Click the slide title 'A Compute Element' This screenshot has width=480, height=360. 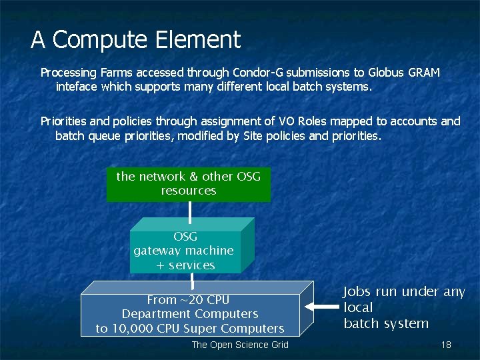coord(135,40)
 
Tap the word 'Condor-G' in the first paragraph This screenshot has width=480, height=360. coord(255,72)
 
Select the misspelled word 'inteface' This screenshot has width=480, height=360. coord(77,87)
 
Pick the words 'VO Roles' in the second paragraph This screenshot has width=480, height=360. coord(298,121)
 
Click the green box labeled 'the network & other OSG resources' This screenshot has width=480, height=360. coord(189,184)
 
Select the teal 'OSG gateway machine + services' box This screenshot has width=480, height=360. coord(185,251)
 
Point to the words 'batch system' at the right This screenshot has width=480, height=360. coord(386,324)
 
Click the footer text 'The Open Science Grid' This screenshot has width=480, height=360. coord(240,345)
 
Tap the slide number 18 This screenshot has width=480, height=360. coord(446,345)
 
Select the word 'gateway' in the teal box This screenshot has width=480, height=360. coord(159,251)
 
